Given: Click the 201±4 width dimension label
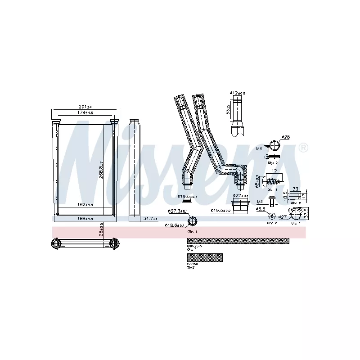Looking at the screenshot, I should click(85, 107).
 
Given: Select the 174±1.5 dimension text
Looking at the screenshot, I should click(85, 112).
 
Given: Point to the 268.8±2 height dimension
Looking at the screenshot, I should click(101, 171).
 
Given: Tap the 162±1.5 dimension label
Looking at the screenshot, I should click(85, 205).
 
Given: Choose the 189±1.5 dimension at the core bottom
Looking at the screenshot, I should click(85, 219).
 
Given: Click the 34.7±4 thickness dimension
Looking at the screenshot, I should click(150, 219).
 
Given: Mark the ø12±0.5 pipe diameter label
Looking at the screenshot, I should click(238, 93).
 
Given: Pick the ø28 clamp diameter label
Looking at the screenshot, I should click(286, 137).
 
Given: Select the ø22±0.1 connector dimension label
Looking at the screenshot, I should click(241, 196).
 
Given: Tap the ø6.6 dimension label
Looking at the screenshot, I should click(261, 209).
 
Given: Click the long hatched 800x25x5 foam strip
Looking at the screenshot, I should click(238, 241).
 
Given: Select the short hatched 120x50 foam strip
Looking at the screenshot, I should click(205, 257).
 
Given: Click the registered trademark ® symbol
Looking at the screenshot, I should click(303, 148).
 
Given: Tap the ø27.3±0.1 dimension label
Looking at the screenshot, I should click(177, 211).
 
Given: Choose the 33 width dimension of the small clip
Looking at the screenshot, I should click(295, 189).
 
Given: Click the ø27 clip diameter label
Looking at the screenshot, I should click(283, 217).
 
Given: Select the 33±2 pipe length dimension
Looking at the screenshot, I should click(228, 110).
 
